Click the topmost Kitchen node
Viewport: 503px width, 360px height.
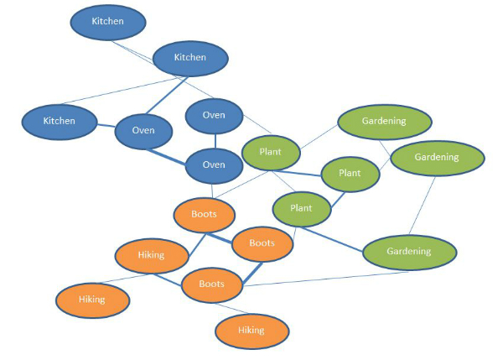pos(107,22)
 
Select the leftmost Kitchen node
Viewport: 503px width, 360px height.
pos(60,121)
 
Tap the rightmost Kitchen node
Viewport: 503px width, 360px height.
pos(190,57)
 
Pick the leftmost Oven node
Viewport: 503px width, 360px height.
pos(142,131)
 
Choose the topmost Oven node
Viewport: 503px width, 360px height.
pos(214,115)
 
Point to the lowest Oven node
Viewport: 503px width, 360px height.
pos(214,164)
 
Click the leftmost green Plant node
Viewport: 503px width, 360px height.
pos(270,152)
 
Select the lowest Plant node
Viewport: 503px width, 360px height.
pos(301,207)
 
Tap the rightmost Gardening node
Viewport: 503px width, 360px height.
pos(437,157)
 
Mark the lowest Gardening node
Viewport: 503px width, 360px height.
pos(409,251)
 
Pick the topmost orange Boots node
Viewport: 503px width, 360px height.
pos(204,214)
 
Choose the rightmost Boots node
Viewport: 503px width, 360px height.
pos(262,243)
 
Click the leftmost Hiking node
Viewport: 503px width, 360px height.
pos(92,300)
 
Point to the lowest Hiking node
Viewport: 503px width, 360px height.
pos(251,330)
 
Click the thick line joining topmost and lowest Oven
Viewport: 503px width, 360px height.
pos(214,140)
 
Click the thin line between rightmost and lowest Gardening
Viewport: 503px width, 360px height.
pos(423,205)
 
